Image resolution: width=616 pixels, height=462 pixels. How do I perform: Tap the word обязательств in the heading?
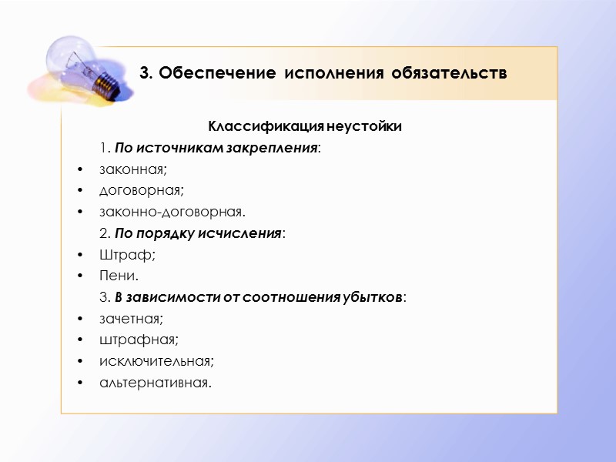pos(449,75)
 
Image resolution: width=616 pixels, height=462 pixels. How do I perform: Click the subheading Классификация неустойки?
pos(305,126)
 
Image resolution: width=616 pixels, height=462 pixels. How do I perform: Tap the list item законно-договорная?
pos(172,211)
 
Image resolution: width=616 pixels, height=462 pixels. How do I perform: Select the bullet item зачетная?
pos(131,317)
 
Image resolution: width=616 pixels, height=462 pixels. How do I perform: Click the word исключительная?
pos(156,360)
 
